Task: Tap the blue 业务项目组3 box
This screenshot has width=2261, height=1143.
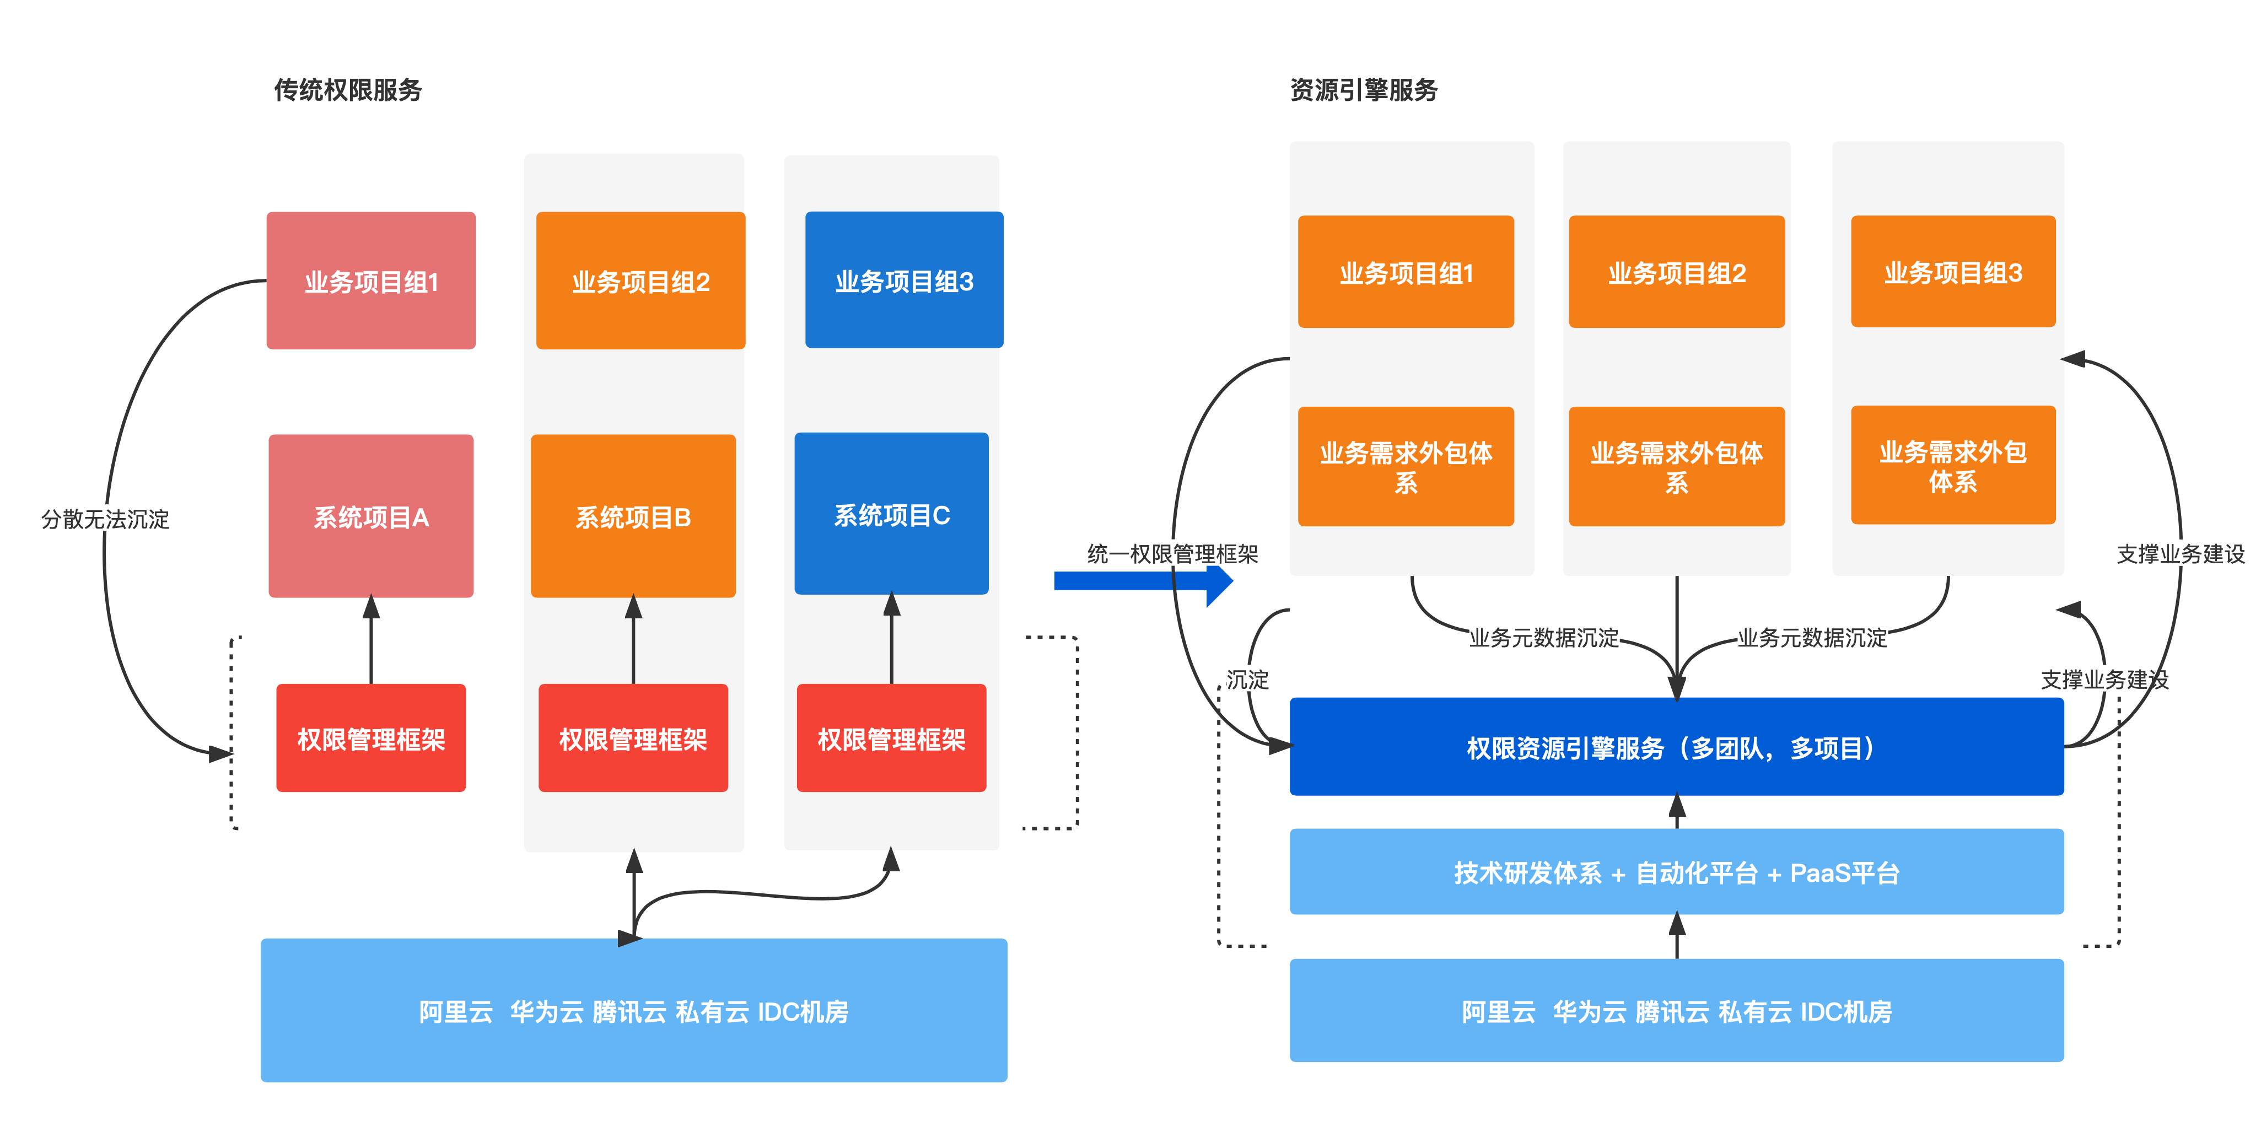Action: pos(904,281)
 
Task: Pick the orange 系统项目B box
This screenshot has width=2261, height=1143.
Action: pos(633,516)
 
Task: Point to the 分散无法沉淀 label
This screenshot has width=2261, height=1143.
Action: pos(105,519)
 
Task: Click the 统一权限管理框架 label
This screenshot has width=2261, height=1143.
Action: pos(1172,554)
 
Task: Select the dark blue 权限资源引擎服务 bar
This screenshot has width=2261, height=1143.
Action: pos(1676,747)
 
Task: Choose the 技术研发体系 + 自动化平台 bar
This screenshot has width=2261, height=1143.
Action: pos(1676,872)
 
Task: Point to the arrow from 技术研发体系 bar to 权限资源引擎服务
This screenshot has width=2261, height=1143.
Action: pos(1676,812)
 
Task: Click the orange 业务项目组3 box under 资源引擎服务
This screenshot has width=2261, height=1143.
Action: pos(1953,272)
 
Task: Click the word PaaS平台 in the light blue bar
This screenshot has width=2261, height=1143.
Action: pos(1844,872)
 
